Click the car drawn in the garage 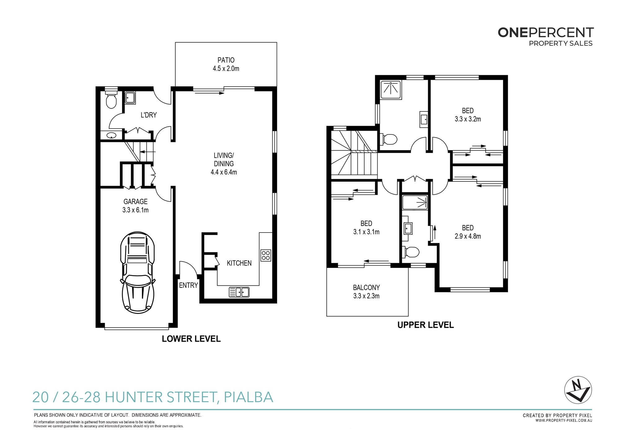[137, 272]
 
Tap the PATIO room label [226, 60]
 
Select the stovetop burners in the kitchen [266, 255]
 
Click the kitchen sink [239, 292]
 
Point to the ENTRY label [188, 285]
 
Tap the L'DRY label [148, 115]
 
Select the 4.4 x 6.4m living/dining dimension [224, 172]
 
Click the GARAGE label [135, 201]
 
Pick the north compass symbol [578, 390]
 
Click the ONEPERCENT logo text [546, 33]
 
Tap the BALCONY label [366, 287]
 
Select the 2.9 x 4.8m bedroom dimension [468, 236]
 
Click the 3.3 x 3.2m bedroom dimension [468, 119]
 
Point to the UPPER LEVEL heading [426, 325]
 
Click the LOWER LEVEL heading [191, 339]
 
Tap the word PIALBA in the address [248, 397]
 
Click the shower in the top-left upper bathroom [391, 90]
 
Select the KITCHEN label [239, 263]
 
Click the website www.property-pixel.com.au [564, 421]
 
